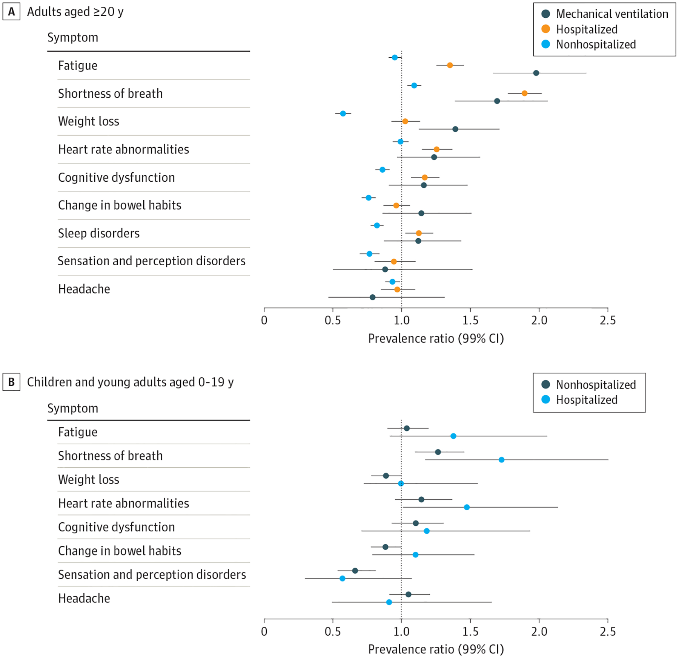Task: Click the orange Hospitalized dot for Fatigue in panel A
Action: click(450, 65)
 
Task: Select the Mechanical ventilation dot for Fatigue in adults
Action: click(536, 73)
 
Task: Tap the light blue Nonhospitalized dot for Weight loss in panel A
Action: click(343, 113)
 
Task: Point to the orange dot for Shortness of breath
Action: click(524, 93)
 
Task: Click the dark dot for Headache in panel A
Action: click(372, 297)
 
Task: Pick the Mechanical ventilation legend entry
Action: click(605, 14)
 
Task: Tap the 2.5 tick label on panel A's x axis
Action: click(608, 321)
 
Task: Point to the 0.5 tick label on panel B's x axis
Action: click(333, 632)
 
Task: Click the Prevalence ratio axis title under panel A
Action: click(436, 339)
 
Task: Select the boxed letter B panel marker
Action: click(11, 382)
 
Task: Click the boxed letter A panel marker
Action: click(11, 12)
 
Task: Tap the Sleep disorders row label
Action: click(99, 233)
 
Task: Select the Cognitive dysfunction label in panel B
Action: click(116, 527)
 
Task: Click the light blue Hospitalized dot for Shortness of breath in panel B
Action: click(501, 460)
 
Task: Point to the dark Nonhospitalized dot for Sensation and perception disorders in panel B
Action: click(355, 571)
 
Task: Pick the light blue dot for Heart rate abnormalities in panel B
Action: click(467, 507)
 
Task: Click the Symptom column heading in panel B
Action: click(73, 408)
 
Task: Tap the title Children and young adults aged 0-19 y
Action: click(130, 382)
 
